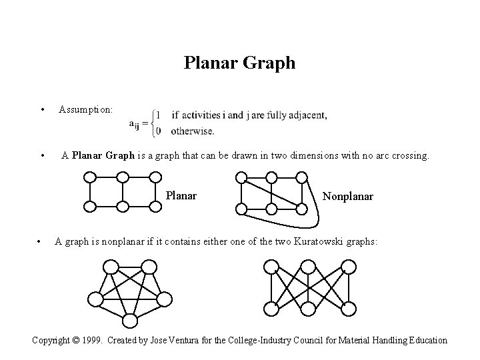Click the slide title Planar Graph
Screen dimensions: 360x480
[239, 63]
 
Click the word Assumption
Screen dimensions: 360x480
[85, 108]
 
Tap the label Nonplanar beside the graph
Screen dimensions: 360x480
[348, 196]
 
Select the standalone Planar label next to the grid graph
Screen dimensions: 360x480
[181, 196]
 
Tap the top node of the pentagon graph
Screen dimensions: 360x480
[111, 268]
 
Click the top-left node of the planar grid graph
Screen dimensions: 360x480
[90, 177]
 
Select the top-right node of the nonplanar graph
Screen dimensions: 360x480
[301, 177]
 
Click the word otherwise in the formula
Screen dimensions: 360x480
[193, 131]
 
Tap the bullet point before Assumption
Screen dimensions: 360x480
[42, 109]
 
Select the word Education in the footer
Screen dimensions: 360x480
[425, 340]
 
